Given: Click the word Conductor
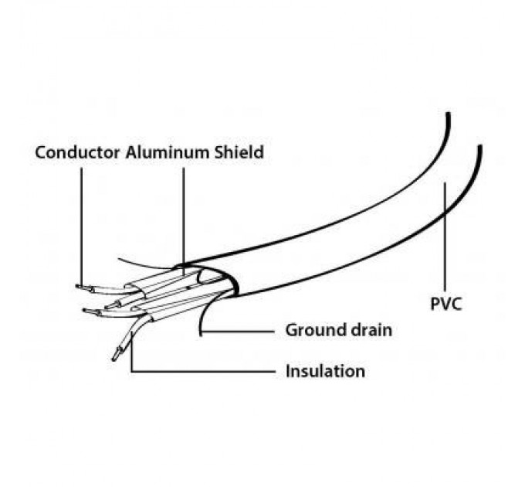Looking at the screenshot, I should click(78, 152).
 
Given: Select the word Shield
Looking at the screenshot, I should click(238, 152).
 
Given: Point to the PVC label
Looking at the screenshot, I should click(445, 303).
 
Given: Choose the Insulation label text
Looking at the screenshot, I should click(325, 371).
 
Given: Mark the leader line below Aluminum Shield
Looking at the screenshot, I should click(184, 216).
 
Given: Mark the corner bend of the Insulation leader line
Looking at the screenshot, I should click(133, 372).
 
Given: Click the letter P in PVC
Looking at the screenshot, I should click(435, 303).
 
